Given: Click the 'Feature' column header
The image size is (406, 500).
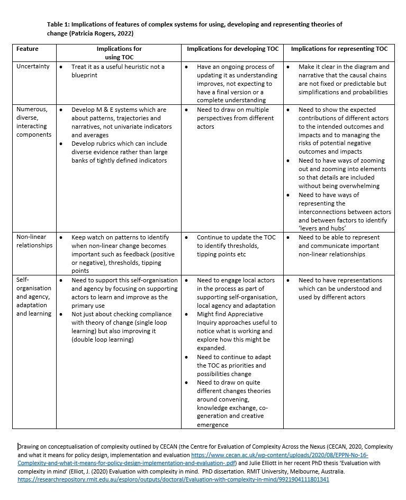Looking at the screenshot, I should pos(27,49).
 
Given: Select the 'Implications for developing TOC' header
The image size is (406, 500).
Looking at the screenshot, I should pos(232,49).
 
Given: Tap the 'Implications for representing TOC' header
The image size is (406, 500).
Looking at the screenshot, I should pos(339,49).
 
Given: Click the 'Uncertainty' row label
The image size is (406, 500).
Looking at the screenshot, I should pos(33,67).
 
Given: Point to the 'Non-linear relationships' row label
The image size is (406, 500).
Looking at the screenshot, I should pos(34,242).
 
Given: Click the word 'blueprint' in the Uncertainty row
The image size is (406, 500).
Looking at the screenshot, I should pos(86,75).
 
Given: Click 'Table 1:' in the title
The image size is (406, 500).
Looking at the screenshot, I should pos(58,24).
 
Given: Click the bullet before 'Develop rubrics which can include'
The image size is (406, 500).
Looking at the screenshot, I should pos(62,144).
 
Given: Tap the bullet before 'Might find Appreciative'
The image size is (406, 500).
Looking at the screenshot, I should pos(187,314).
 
